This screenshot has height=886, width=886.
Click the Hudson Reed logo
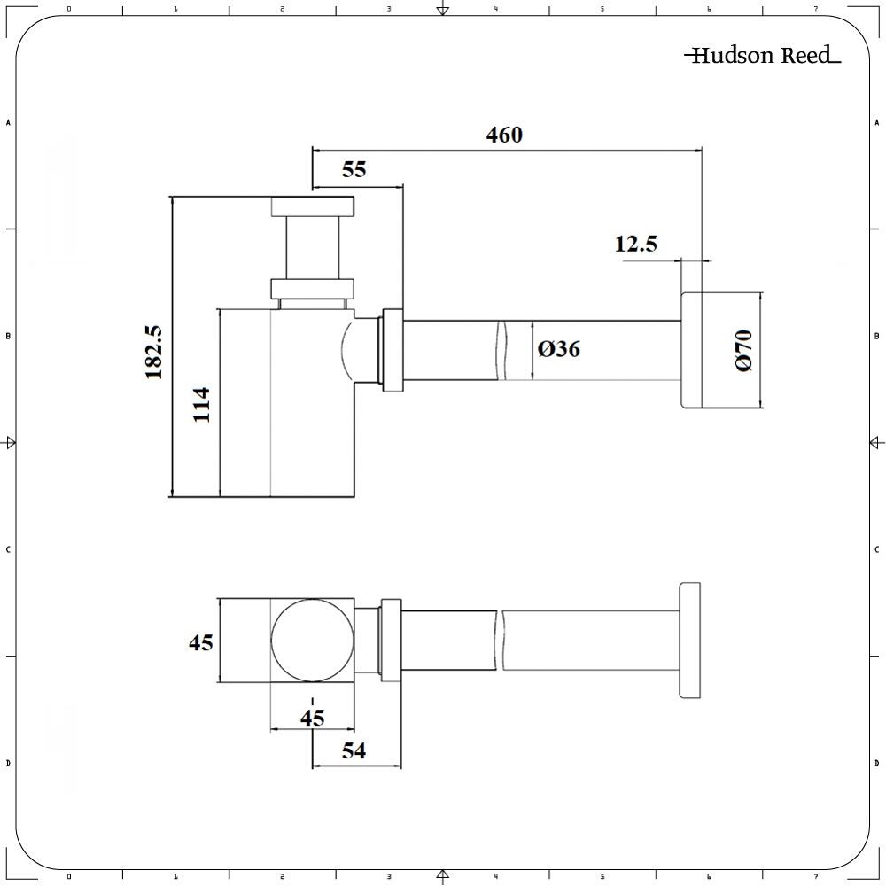(762, 56)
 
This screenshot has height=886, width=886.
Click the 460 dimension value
(504, 135)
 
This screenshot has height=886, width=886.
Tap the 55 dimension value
(354, 169)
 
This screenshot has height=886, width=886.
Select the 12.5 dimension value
(636, 244)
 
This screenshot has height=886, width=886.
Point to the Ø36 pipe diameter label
(558, 349)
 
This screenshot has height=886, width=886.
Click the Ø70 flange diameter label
(742, 350)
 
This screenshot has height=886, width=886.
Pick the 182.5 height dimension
(154, 352)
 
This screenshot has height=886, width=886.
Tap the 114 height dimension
(201, 404)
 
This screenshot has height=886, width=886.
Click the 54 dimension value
(354, 750)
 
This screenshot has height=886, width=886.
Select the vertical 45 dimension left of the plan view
(200, 641)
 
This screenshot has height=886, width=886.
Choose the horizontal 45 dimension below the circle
(312, 718)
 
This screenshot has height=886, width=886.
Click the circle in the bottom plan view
(311, 640)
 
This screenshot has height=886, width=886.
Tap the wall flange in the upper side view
(691, 350)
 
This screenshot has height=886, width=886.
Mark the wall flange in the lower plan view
(689, 640)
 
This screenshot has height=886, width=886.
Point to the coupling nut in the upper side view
(392, 350)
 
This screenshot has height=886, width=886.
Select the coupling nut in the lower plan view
(390, 640)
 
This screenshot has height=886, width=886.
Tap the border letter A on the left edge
(8, 122)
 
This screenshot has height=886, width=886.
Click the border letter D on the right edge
(876, 763)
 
